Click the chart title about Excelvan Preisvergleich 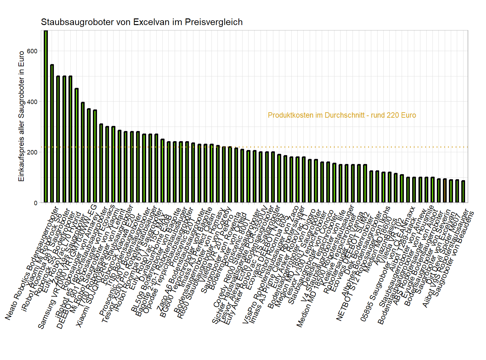coord(142,22)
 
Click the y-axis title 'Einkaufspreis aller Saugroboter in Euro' coord(22,116)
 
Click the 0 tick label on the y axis coord(36,203)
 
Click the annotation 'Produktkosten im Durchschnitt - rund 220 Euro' coord(342,115)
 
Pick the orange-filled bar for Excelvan coord(445,191)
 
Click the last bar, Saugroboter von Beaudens coord(463,192)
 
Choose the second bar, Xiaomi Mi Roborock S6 coord(52,134)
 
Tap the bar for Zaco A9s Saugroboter coord(77,146)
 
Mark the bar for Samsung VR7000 coord(83,153)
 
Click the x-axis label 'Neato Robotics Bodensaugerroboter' coord(32,263)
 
